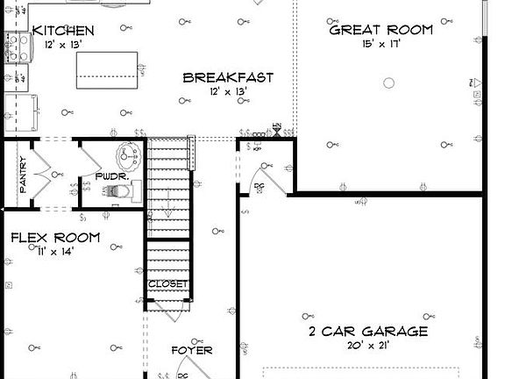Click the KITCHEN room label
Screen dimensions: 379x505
click(62, 31)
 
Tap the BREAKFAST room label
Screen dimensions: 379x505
click(228, 77)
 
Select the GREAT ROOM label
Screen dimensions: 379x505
click(381, 30)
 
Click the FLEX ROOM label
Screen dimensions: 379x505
click(54, 238)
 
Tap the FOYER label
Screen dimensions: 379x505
click(191, 351)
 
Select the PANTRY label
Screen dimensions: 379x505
click(24, 175)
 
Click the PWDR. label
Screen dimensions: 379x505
click(112, 176)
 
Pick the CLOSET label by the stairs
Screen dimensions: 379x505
click(167, 284)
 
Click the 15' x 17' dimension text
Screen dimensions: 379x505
click(381, 44)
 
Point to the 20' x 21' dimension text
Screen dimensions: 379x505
click(368, 346)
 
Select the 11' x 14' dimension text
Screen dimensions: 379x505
click(54, 252)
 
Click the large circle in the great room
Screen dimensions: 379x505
click(389, 83)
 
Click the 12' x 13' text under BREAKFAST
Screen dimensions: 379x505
click(228, 91)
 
